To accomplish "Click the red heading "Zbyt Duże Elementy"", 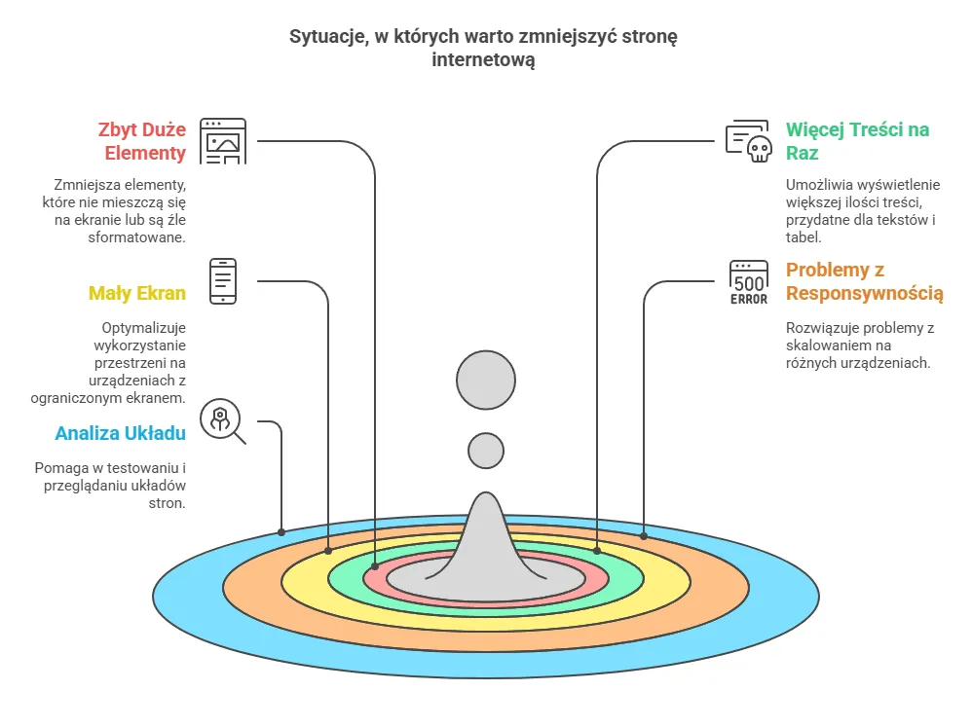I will point(141,141).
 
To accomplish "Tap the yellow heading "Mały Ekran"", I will point(137,293).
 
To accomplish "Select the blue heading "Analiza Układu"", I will point(120,433).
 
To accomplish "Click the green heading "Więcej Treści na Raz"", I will point(857,141).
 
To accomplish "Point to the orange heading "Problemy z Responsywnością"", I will point(865,281).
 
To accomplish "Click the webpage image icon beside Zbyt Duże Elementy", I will point(223,141).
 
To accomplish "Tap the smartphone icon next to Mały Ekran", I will point(223,281).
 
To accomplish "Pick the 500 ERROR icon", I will point(749,282).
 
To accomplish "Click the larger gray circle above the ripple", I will point(485,378).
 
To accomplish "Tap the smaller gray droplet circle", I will point(485,451).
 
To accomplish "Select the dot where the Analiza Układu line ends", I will point(281,532).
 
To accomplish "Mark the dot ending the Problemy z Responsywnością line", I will point(644,534).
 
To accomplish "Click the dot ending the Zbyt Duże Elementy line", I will point(376,564).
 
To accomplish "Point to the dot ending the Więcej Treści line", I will point(597,551).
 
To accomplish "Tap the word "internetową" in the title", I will point(485,60).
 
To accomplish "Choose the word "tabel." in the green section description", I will point(804,237).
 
